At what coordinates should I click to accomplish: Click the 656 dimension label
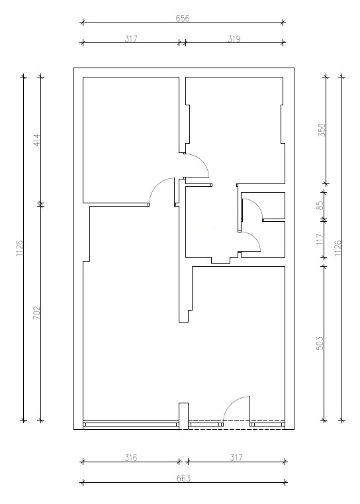[183, 19]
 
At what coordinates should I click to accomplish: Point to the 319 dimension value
[234, 38]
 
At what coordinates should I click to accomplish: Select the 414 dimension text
[36, 140]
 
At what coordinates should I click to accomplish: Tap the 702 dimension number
[36, 313]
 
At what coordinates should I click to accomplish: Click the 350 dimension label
[322, 130]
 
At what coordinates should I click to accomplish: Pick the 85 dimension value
[320, 205]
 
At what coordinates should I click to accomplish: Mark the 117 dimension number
[320, 239]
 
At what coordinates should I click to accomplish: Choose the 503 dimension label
[320, 343]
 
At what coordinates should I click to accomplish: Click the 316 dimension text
[131, 458]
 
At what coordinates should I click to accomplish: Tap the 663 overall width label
[184, 478]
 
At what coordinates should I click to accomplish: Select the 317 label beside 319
[131, 38]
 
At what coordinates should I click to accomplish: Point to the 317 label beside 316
[236, 458]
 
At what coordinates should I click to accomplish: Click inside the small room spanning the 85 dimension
[270, 206]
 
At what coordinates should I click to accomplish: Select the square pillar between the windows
[183, 416]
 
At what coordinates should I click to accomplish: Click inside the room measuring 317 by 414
[131, 140]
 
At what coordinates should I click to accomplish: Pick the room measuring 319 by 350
[235, 130]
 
